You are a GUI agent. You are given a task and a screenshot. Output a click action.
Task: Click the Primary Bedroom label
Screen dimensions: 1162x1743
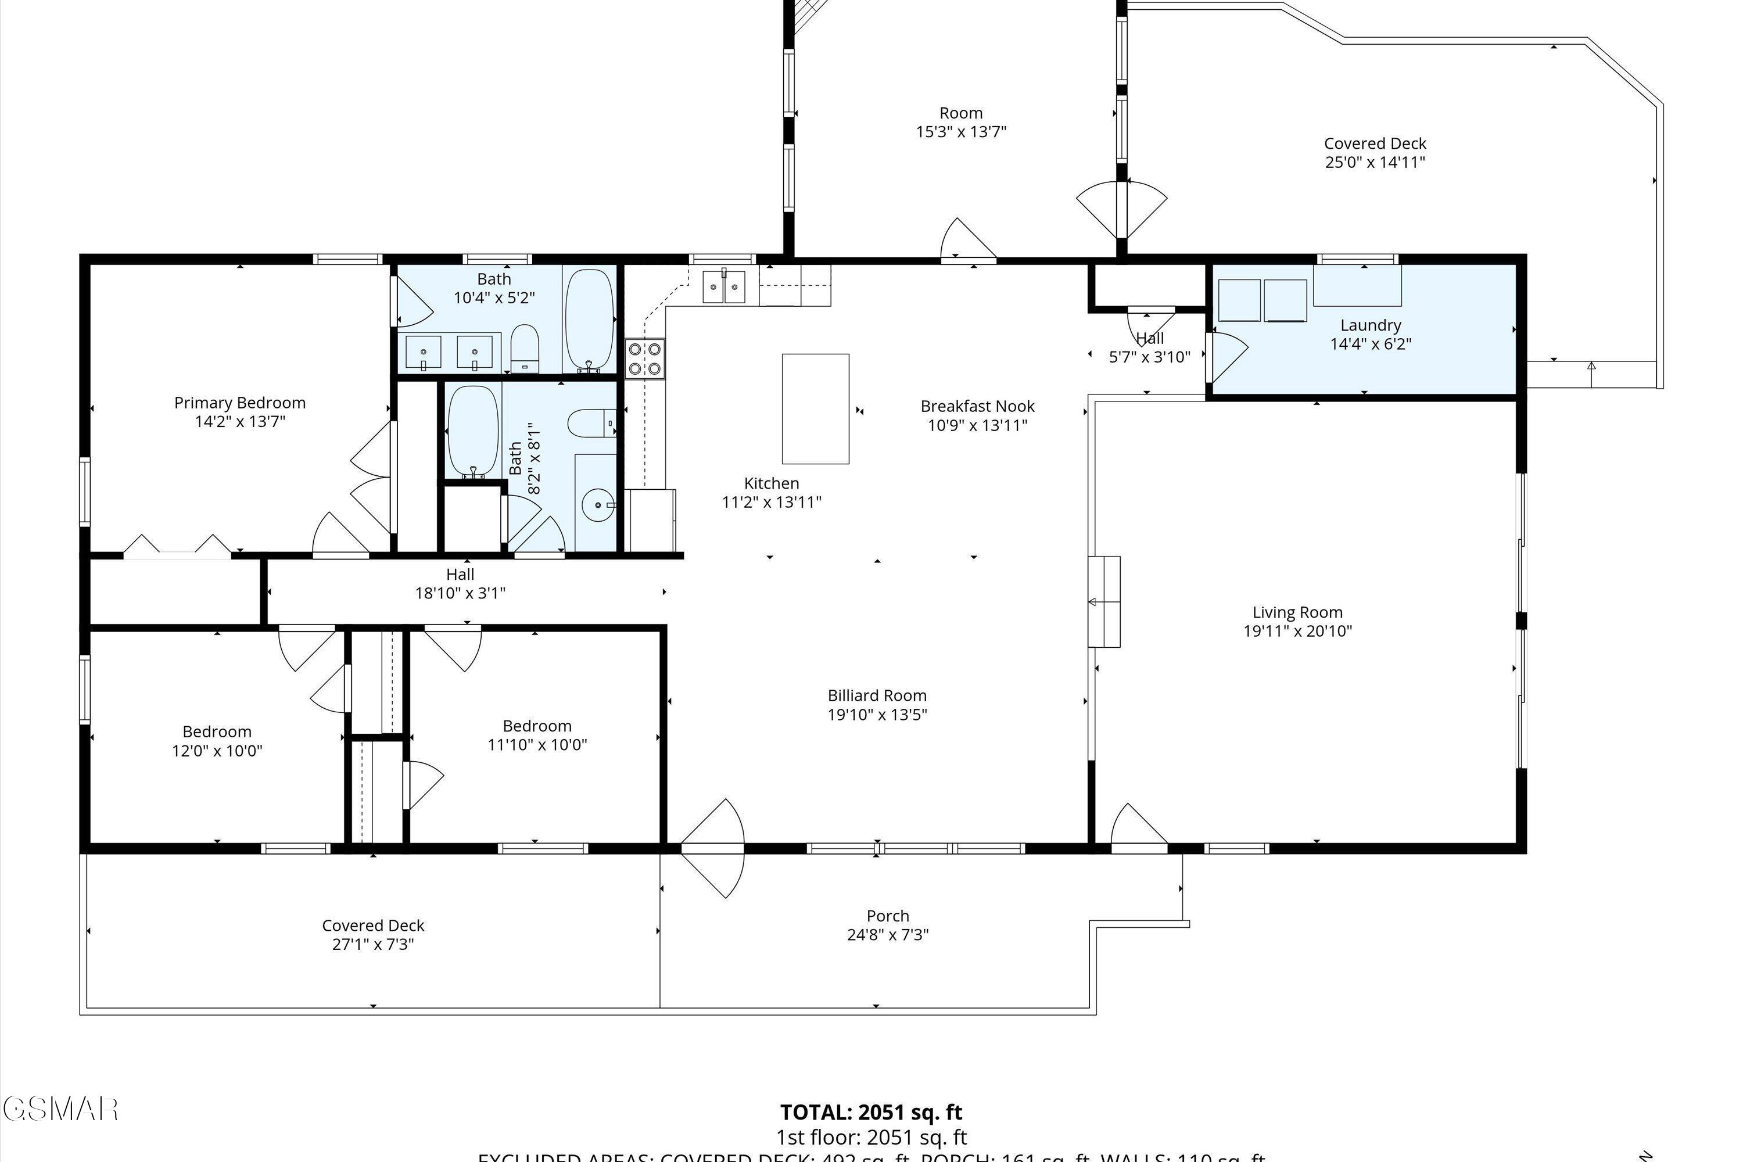pyautogui.click(x=239, y=403)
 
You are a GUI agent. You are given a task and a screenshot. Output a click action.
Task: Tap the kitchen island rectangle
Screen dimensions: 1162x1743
pyautogui.click(x=815, y=408)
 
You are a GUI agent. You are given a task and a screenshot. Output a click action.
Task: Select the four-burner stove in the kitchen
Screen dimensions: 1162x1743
pyautogui.click(x=645, y=358)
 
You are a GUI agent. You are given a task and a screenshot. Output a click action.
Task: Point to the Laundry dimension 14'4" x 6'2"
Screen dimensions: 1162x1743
pyautogui.click(x=1370, y=344)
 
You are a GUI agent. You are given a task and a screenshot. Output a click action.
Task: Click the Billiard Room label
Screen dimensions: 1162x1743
pyautogui.click(x=877, y=695)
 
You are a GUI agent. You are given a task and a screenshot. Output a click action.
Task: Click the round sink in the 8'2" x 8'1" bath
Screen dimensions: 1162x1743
pyautogui.click(x=598, y=505)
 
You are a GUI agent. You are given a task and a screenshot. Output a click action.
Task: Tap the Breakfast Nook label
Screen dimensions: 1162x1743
pyautogui.click(x=977, y=406)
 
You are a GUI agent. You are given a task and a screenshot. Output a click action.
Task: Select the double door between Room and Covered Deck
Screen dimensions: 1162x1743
pyautogui.click(x=1121, y=210)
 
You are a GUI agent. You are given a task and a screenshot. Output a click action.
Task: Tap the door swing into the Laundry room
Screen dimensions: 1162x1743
pyautogui.click(x=1226, y=356)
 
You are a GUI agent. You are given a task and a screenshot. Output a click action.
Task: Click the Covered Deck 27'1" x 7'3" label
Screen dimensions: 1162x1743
pyautogui.click(x=373, y=926)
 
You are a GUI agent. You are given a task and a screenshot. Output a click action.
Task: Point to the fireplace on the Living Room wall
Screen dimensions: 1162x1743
pyautogui.click(x=1104, y=602)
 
